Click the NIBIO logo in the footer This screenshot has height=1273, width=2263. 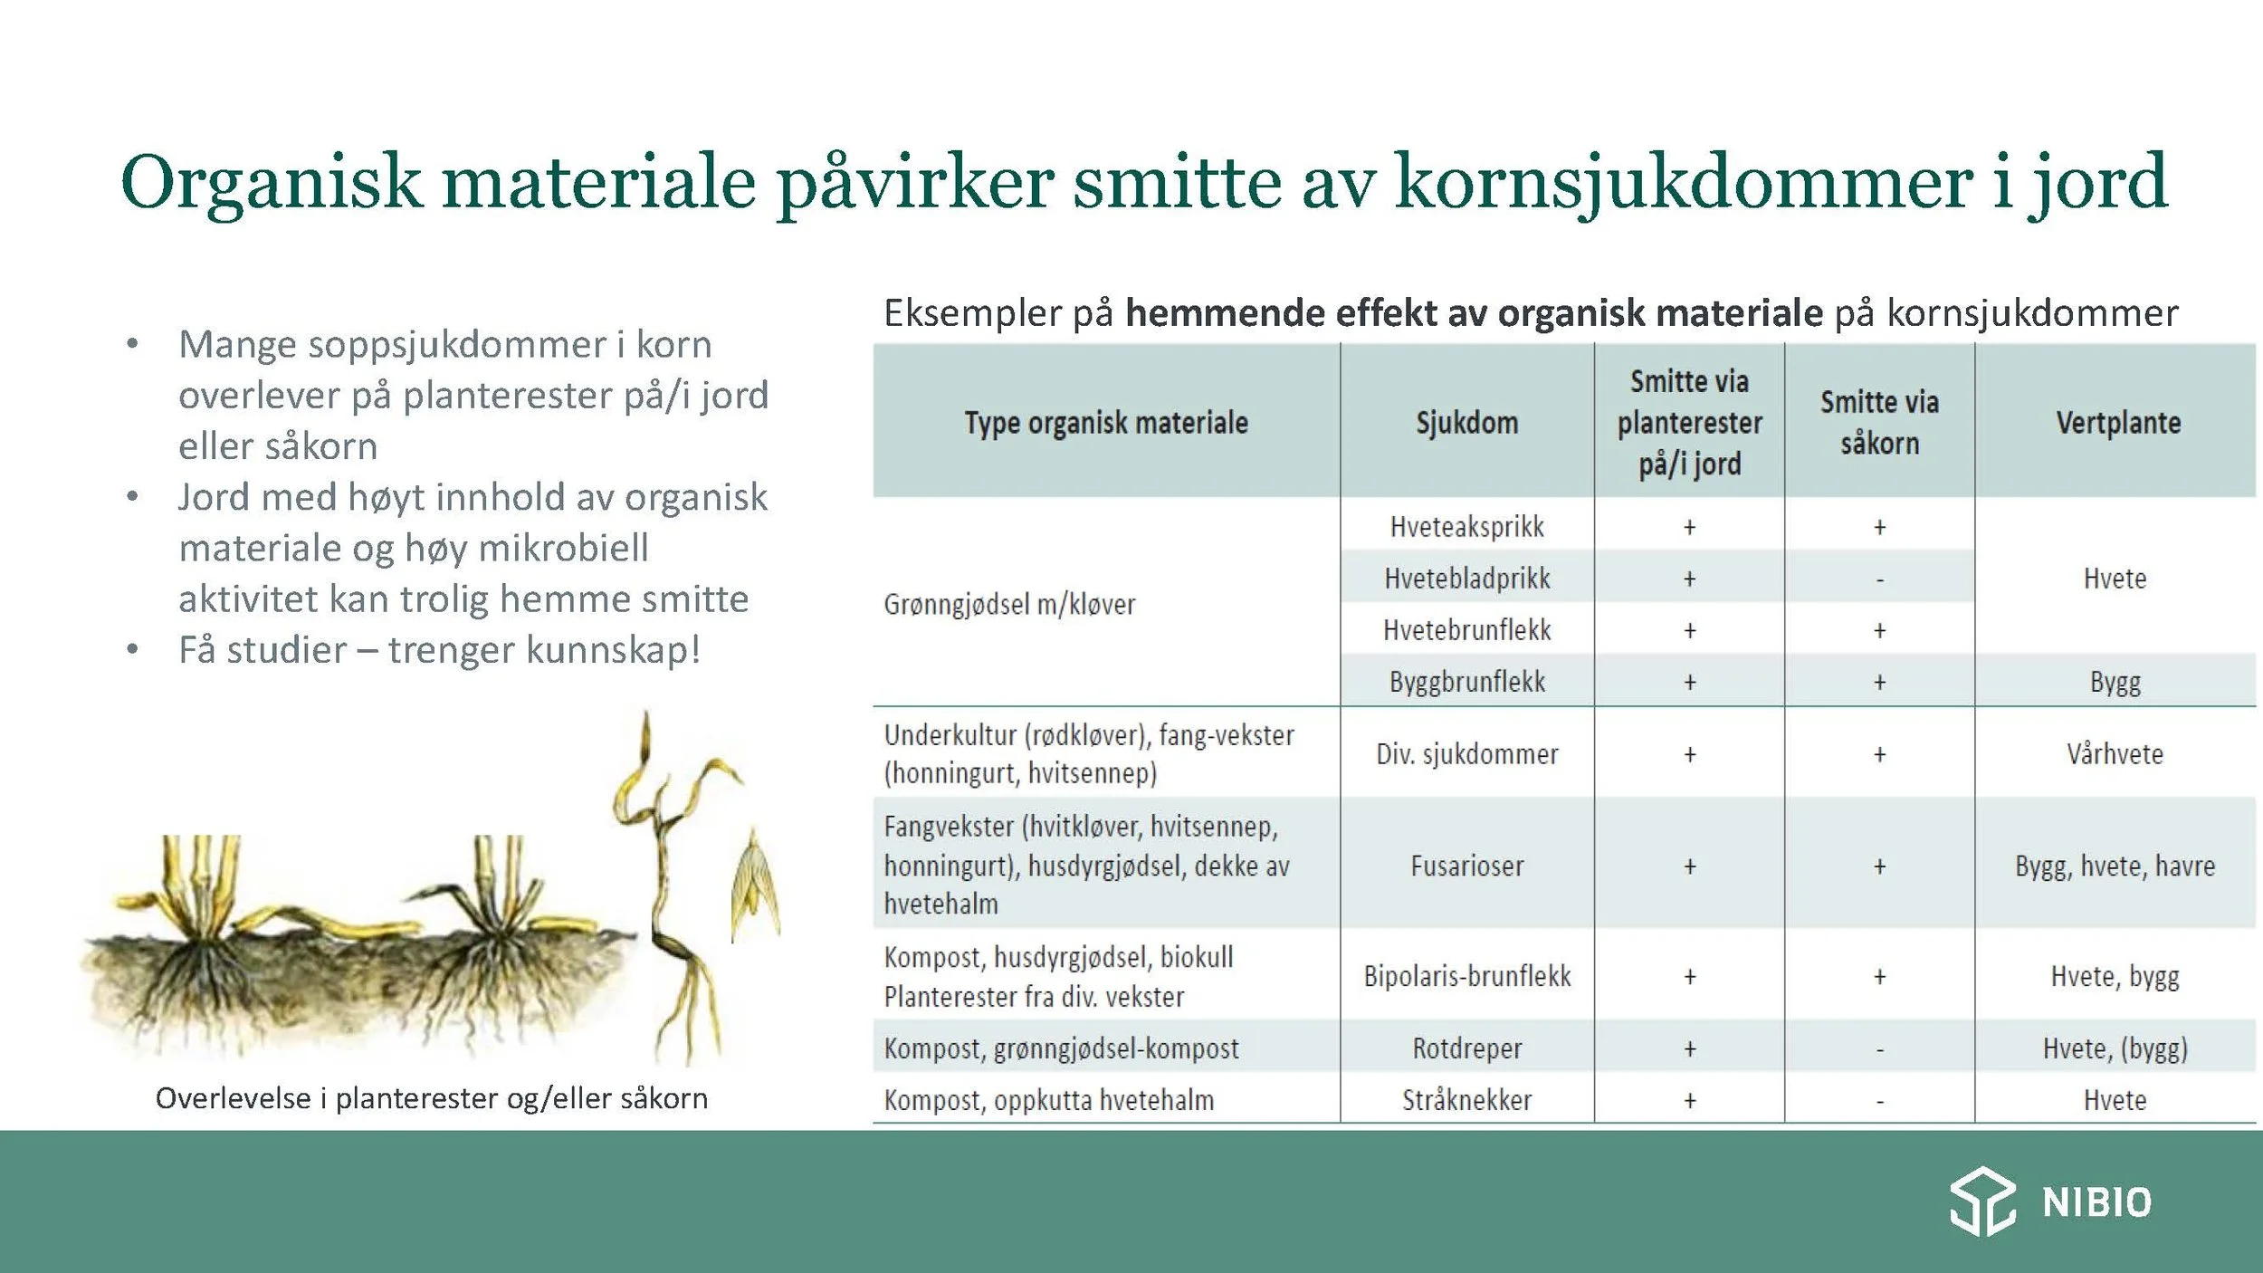click(x=2050, y=1201)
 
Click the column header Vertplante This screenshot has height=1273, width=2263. click(x=2117, y=423)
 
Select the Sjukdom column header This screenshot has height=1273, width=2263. click(x=1466, y=423)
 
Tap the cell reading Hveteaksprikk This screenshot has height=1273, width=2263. click(x=1466, y=527)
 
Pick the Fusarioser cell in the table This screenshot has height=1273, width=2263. click(x=1466, y=866)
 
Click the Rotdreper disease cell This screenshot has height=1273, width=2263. click(x=1466, y=1048)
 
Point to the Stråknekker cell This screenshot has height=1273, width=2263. click(x=1466, y=1100)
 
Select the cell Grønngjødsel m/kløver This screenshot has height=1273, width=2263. click(x=1009, y=604)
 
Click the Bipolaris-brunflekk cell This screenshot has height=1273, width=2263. click(x=1466, y=976)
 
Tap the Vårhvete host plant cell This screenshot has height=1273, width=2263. click(x=2115, y=754)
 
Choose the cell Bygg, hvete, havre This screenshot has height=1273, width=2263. click(x=2115, y=866)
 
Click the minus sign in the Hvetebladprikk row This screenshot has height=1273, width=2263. click(x=1880, y=579)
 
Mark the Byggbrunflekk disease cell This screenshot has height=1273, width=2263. click(x=1466, y=682)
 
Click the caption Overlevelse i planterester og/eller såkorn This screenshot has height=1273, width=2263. click(x=432, y=1098)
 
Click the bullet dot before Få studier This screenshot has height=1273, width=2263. click(x=133, y=650)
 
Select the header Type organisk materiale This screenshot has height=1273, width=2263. click(x=1105, y=423)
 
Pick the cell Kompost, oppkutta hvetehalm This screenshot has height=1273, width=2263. click(x=1049, y=1100)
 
